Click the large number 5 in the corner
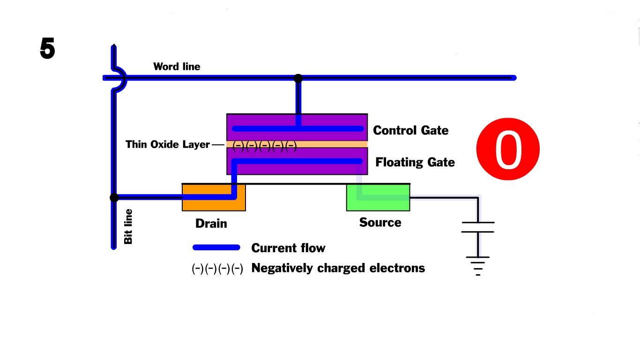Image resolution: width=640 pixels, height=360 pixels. [47, 49]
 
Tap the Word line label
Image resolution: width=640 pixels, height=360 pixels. [177, 67]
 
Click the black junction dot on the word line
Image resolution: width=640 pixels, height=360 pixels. [298, 78]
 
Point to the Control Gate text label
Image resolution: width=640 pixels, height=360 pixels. [410, 130]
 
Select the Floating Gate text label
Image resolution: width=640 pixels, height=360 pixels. [415, 162]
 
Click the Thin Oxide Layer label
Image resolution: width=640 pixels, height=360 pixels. [167, 144]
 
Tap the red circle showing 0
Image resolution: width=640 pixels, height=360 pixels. [508, 149]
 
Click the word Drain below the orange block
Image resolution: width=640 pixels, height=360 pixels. [211, 224]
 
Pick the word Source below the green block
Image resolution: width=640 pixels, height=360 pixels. [380, 222]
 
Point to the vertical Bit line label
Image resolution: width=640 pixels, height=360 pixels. [128, 226]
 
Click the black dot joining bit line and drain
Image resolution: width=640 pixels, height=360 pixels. [114, 198]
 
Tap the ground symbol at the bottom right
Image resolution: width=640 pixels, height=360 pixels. [478, 265]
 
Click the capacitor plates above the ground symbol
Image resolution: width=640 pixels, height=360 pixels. [478, 227]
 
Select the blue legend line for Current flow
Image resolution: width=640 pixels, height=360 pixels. [216, 247]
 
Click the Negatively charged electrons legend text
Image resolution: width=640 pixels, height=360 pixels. [338, 268]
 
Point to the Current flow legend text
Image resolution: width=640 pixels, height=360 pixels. [288, 248]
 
